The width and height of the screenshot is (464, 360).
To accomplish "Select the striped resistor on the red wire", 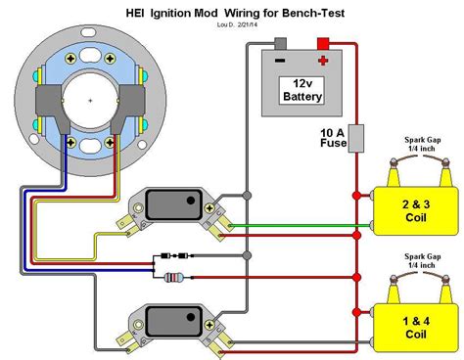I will click(177, 277).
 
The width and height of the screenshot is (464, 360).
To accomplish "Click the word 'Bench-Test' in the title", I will click(307, 13).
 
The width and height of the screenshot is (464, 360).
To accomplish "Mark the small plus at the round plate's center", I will click(90, 100).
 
